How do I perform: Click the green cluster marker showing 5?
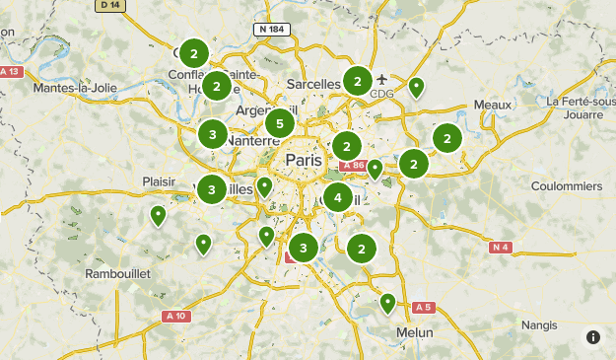[281, 123]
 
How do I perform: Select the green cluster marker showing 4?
[338, 197]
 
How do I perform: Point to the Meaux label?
[493, 105]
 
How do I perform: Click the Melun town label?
[414, 332]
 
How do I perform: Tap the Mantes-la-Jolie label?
[75, 88]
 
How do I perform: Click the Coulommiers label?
[566, 185]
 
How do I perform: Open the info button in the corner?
[593, 337]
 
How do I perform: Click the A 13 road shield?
[11, 72]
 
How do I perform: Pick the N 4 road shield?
[502, 247]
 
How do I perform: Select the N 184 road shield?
[272, 30]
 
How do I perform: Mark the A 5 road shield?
[424, 307]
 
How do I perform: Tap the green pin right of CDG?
[417, 88]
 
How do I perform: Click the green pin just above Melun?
[388, 302]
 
